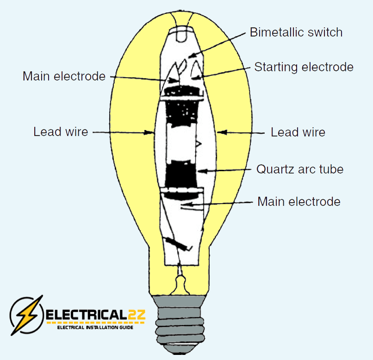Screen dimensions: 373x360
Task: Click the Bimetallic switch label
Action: (296, 32)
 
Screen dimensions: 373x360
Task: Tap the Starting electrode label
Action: (304, 67)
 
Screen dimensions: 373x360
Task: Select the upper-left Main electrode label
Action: (64, 76)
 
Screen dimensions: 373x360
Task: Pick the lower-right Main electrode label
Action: (298, 202)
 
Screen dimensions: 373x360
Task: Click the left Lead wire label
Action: (61, 132)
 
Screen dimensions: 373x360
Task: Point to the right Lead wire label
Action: (298, 132)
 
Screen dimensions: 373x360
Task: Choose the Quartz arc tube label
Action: (300, 169)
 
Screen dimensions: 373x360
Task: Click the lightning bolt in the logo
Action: (26, 314)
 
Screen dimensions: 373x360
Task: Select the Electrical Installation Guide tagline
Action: (95, 328)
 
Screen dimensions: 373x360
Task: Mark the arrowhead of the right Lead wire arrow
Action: (221, 132)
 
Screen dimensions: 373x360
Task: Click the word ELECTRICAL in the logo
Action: (86, 316)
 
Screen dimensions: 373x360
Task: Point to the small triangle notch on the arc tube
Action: (198, 144)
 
